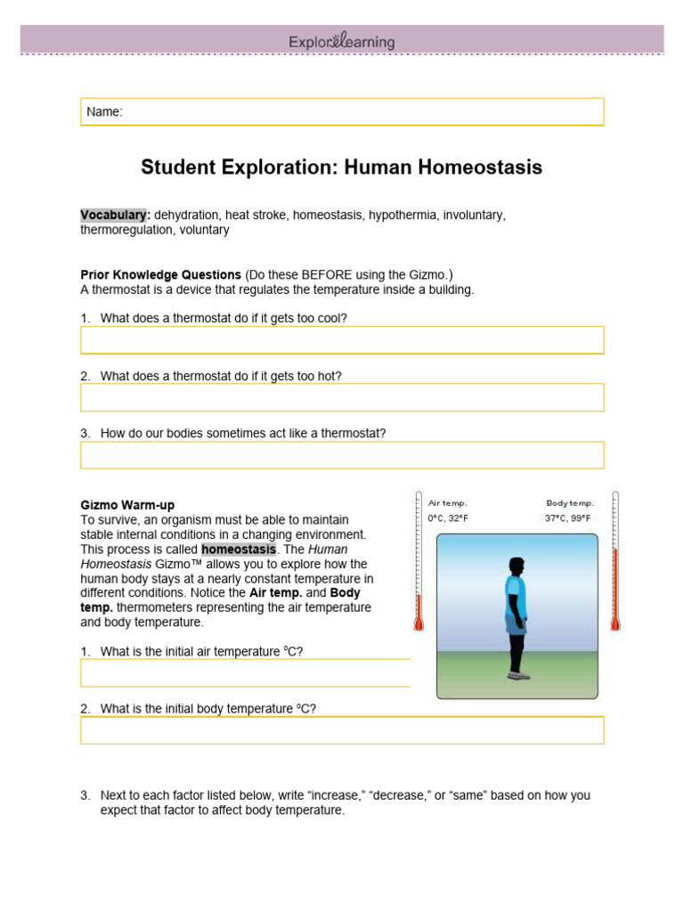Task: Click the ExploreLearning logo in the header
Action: (342, 42)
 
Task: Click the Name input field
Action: (342, 111)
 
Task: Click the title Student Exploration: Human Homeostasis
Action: (342, 167)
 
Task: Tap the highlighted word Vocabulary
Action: (113, 216)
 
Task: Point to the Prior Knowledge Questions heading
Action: (160, 274)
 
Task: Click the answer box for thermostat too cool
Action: (342, 340)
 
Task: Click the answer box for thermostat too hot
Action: (342, 397)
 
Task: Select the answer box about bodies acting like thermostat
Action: (342, 455)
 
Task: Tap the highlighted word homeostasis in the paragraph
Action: (238, 550)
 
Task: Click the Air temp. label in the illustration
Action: (447, 503)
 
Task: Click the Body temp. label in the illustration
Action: (569, 503)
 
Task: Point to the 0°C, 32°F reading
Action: (448, 517)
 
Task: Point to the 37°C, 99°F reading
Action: (568, 517)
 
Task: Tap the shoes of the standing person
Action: (517, 675)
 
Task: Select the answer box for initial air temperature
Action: (246, 673)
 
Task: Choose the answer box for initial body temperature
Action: (342, 730)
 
